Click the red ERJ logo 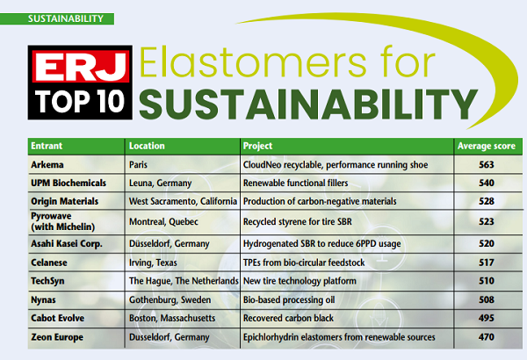(81, 66)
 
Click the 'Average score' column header (487, 146)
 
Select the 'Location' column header (147, 146)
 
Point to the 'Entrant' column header (47, 146)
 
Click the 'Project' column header (257, 146)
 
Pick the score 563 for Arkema (487, 165)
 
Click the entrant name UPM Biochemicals (69, 184)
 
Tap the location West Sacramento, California (184, 201)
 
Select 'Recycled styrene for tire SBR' (298, 222)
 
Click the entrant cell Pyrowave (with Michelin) (63, 221)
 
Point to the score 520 (487, 244)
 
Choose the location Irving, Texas (153, 263)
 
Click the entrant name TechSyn (47, 281)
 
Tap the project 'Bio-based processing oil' (289, 299)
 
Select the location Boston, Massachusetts (172, 318)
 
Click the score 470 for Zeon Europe (487, 337)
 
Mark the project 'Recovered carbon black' (288, 318)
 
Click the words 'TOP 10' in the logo (80, 101)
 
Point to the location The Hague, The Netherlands (184, 281)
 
